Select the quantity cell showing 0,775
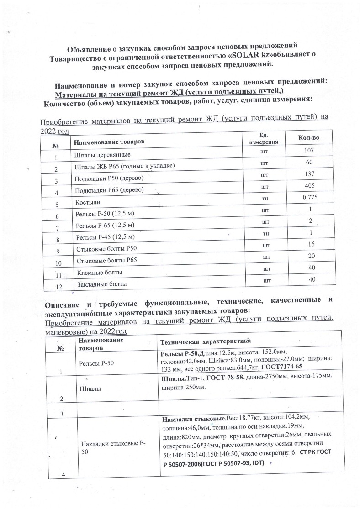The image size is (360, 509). point(310,197)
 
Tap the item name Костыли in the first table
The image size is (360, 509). point(87,201)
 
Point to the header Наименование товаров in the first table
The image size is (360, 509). point(109,142)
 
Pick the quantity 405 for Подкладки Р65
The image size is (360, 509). point(309,186)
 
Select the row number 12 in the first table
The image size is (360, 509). point(58,287)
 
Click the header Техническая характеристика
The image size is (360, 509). point(203,342)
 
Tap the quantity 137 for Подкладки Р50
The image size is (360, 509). point(309,174)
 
